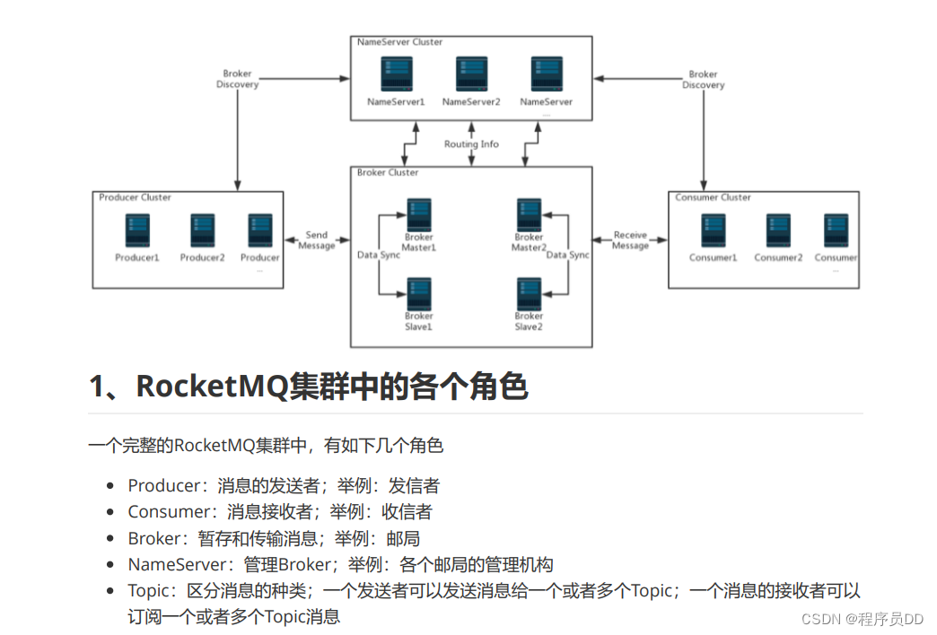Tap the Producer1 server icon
point(137,231)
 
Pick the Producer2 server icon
point(202,231)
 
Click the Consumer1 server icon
point(713,231)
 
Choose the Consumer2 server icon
point(777,231)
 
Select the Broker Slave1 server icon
point(418,293)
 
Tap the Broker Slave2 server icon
point(529,293)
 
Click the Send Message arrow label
point(316,240)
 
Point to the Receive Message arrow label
point(630,240)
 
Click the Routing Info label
point(471,144)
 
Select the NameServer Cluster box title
point(399,42)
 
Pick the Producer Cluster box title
point(135,197)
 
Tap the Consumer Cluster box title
point(713,197)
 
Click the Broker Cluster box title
point(388,172)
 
